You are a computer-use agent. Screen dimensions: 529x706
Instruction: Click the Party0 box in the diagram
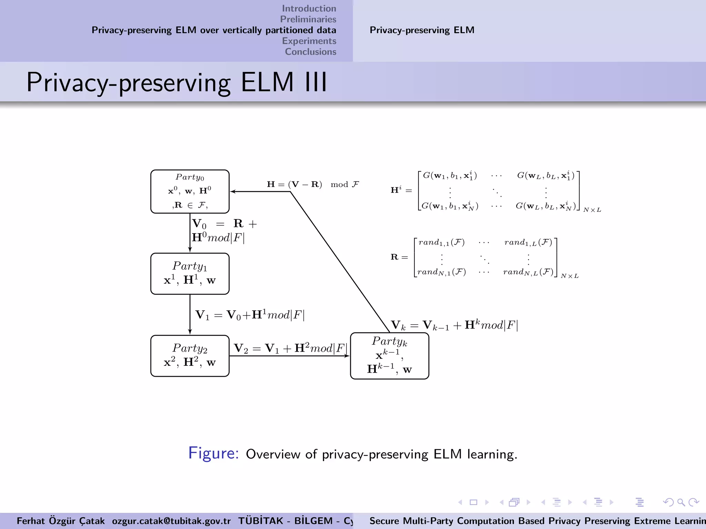coord(190,191)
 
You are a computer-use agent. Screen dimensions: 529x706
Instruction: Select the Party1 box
coord(190,274)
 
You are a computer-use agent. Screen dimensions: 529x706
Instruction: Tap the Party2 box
coord(190,356)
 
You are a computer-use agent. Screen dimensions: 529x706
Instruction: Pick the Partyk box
coord(390,356)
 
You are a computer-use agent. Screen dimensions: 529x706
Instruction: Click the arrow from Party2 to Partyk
coord(290,356)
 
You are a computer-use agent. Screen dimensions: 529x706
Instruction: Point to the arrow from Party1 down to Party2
coord(190,314)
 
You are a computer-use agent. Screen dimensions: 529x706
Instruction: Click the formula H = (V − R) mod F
coord(313,184)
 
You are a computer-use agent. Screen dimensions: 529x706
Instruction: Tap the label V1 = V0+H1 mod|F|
coord(250,315)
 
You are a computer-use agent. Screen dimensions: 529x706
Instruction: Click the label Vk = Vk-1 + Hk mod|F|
coord(454,325)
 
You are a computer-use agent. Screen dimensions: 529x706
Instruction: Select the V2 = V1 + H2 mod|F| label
coord(290,348)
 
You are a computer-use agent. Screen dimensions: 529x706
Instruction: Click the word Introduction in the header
coord(309,8)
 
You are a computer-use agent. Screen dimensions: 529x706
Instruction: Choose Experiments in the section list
coord(309,41)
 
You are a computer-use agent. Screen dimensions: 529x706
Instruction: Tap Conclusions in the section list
coord(310,52)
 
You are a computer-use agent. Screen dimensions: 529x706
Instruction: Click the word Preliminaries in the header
coord(308,19)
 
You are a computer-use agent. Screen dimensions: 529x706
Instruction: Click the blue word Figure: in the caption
coord(213,453)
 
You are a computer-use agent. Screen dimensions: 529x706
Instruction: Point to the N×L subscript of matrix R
coord(569,276)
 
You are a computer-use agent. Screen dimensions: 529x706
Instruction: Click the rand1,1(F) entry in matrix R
coord(441,242)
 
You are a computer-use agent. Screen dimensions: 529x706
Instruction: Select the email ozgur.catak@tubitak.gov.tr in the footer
coord(171,521)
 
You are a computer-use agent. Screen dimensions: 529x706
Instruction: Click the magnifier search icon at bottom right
coord(680,502)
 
